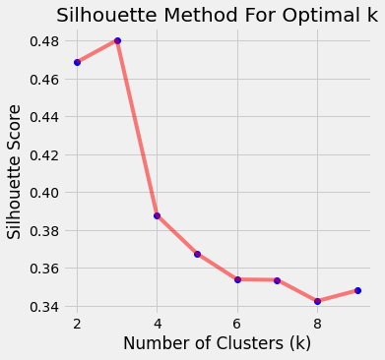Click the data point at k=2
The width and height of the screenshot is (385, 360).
click(x=77, y=62)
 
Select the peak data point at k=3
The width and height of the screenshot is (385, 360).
click(x=117, y=40)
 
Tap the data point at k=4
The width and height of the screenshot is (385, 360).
click(x=158, y=215)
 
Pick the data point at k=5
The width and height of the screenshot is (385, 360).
click(x=197, y=254)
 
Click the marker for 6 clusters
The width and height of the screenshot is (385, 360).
click(x=237, y=279)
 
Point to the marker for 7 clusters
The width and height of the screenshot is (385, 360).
click(x=277, y=280)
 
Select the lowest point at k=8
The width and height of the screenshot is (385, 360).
click(x=317, y=301)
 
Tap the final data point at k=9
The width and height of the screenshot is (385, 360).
click(x=357, y=290)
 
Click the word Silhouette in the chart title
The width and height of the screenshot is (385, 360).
click(x=103, y=15)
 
